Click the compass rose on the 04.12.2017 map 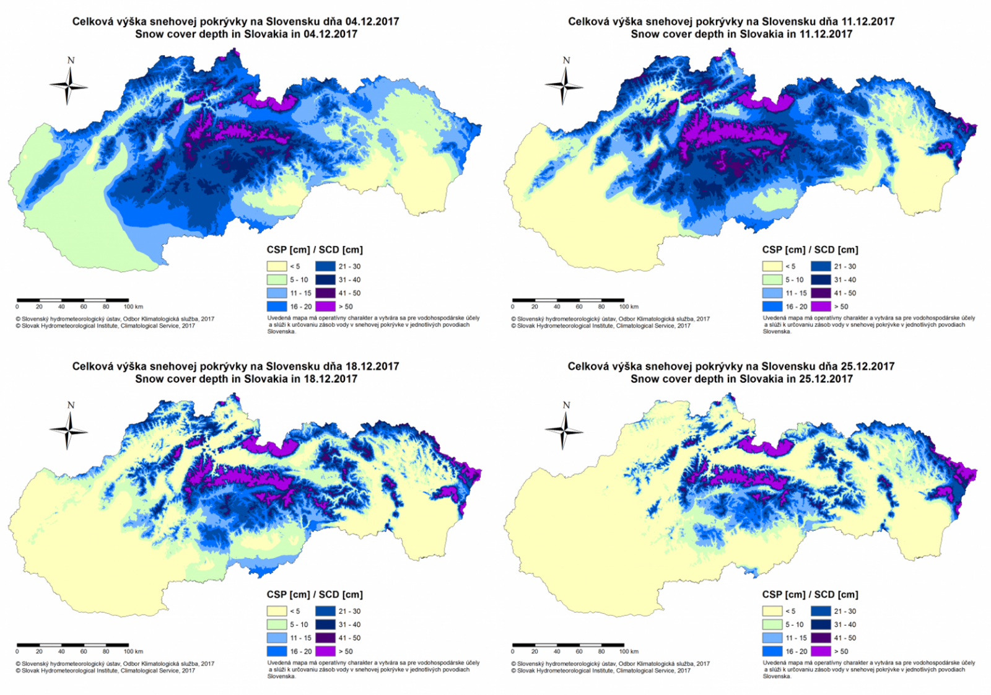69,85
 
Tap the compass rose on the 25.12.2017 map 564,430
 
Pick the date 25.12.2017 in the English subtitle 826,379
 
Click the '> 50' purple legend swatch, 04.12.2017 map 325,307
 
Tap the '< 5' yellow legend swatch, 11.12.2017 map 772,266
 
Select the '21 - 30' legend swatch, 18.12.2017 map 325,611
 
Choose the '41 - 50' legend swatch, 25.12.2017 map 821,638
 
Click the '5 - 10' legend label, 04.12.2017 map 299,280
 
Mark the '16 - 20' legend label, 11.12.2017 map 796,307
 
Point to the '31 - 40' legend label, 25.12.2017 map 845,625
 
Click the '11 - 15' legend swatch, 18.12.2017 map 277,638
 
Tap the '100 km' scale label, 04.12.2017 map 133,307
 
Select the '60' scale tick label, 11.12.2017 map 579,307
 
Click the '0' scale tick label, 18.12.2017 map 17,652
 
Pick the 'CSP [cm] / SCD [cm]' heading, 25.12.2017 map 810,595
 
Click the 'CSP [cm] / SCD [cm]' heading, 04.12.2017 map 315,250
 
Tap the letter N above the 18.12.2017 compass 71,405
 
